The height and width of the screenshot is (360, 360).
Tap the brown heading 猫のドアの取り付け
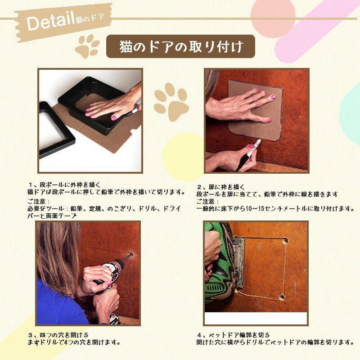[180, 47]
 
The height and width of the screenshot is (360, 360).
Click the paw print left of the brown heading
[87, 46]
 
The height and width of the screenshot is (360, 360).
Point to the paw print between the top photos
[171, 101]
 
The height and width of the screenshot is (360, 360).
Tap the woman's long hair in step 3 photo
[56, 252]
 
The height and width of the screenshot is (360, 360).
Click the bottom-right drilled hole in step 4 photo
[282, 297]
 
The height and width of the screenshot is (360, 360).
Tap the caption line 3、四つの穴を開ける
[58, 335]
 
